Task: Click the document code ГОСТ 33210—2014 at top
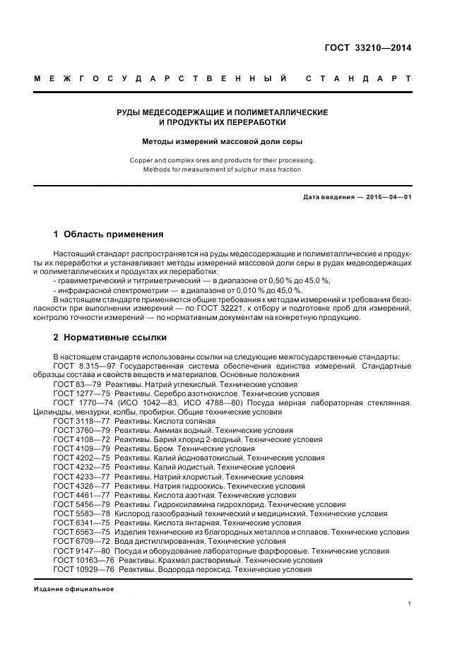click(367, 48)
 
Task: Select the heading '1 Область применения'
click(109, 234)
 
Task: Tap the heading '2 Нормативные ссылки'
click(110, 338)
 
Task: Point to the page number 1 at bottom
click(410, 604)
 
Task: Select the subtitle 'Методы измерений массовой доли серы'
click(222, 141)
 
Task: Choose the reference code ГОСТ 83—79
click(76, 383)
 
